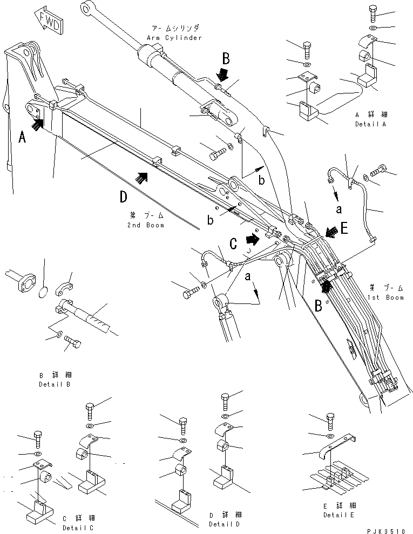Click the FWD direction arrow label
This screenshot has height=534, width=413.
[47, 21]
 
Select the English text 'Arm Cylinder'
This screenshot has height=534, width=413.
[174, 38]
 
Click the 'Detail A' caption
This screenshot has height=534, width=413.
[387, 124]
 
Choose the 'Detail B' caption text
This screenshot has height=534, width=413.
[54, 384]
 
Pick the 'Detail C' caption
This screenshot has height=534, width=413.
[77, 527]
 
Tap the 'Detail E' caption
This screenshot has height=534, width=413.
[339, 515]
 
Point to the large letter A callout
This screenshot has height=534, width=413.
[22, 138]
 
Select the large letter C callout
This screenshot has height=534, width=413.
[233, 244]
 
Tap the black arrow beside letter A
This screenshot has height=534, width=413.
[37, 124]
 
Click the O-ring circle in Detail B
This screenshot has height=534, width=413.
[45, 292]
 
